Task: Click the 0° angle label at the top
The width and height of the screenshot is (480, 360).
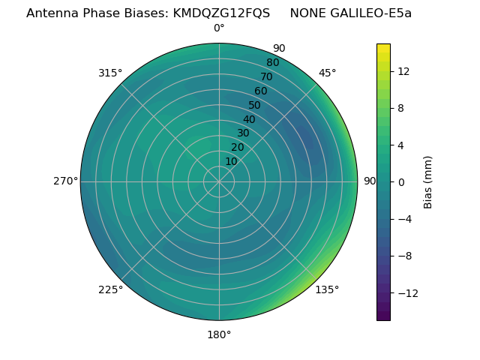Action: (x=219, y=28)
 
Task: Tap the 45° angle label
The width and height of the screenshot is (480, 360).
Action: (x=328, y=73)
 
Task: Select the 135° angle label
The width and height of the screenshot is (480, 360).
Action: (x=327, y=289)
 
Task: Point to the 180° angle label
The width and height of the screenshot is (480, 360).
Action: (x=219, y=334)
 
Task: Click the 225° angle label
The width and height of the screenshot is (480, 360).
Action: (x=110, y=289)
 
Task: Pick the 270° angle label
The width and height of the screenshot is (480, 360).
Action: (x=66, y=181)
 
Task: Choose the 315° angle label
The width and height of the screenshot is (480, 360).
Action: (x=110, y=73)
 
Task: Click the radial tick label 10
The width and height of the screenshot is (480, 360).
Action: (x=231, y=161)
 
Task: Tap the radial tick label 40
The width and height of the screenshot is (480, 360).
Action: (x=249, y=119)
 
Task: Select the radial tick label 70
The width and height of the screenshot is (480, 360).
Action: (x=266, y=76)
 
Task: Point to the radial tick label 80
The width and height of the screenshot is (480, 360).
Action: (x=272, y=63)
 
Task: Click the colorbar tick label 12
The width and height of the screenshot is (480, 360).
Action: (x=403, y=71)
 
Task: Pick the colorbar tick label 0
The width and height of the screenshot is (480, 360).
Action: (x=400, y=181)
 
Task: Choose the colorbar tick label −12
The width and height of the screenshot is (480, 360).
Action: (x=406, y=292)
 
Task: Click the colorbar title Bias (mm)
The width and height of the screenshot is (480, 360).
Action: (x=428, y=181)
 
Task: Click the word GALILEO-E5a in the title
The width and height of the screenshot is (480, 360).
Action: (x=370, y=13)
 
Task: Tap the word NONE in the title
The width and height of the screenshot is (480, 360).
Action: (x=307, y=13)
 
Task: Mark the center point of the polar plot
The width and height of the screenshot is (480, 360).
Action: (x=219, y=181)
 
